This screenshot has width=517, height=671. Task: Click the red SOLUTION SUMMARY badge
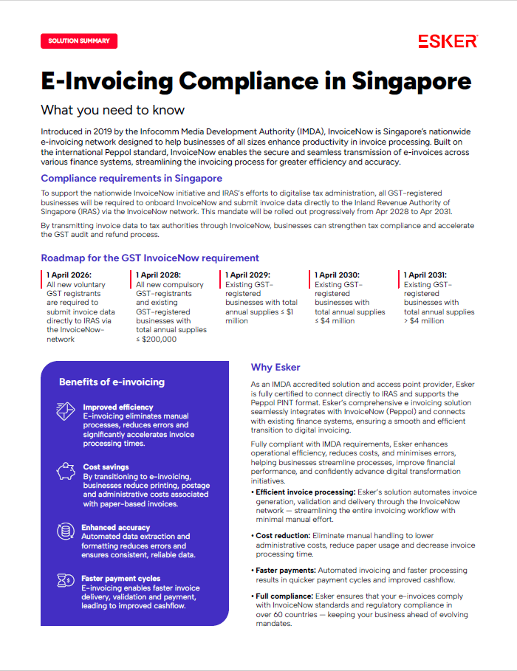(x=79, y=41)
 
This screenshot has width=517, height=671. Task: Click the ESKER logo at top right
(x=448, y=41)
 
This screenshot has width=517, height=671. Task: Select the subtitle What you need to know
(x=112, y=110)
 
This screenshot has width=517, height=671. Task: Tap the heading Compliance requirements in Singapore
(x=131, y=178)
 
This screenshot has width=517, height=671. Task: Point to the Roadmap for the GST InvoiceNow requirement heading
(x=150, y=258)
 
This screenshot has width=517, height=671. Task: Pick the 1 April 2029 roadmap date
(x=250, y=275)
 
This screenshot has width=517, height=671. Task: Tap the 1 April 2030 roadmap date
(x=340, y=275)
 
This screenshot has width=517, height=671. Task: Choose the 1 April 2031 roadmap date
(x=429, y=275)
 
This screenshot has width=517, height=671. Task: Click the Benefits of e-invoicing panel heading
(x=112, y=382)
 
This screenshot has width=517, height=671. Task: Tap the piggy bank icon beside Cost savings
(x=66, y=471)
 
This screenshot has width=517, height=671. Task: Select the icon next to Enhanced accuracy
(x=66, y=531)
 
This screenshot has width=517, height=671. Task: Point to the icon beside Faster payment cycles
(x=66, y=582)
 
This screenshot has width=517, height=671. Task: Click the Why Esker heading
(x=275, y=367)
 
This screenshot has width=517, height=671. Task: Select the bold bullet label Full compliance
(x=284, y=596)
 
